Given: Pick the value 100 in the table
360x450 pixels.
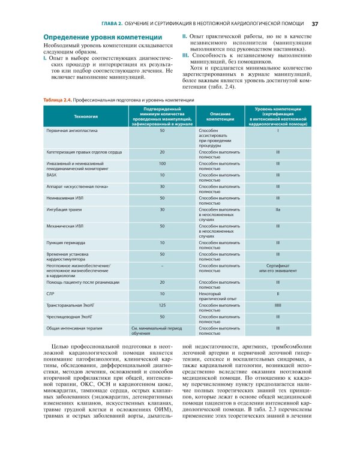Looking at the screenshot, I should pyautogui.click(x=162, y=163).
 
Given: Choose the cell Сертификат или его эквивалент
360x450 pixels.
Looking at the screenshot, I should pyautogui.click(x=278, y=268).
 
